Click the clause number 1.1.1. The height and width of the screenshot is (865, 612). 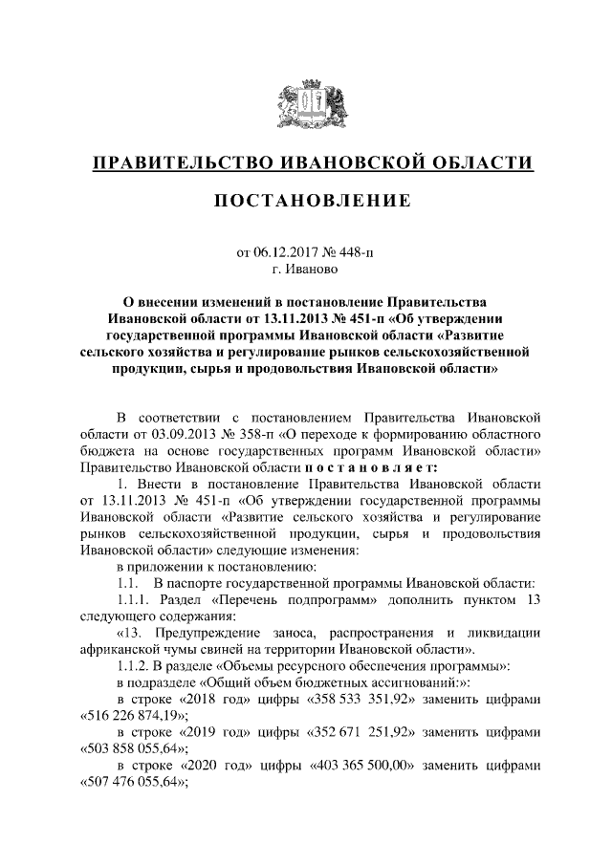point(132,600)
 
